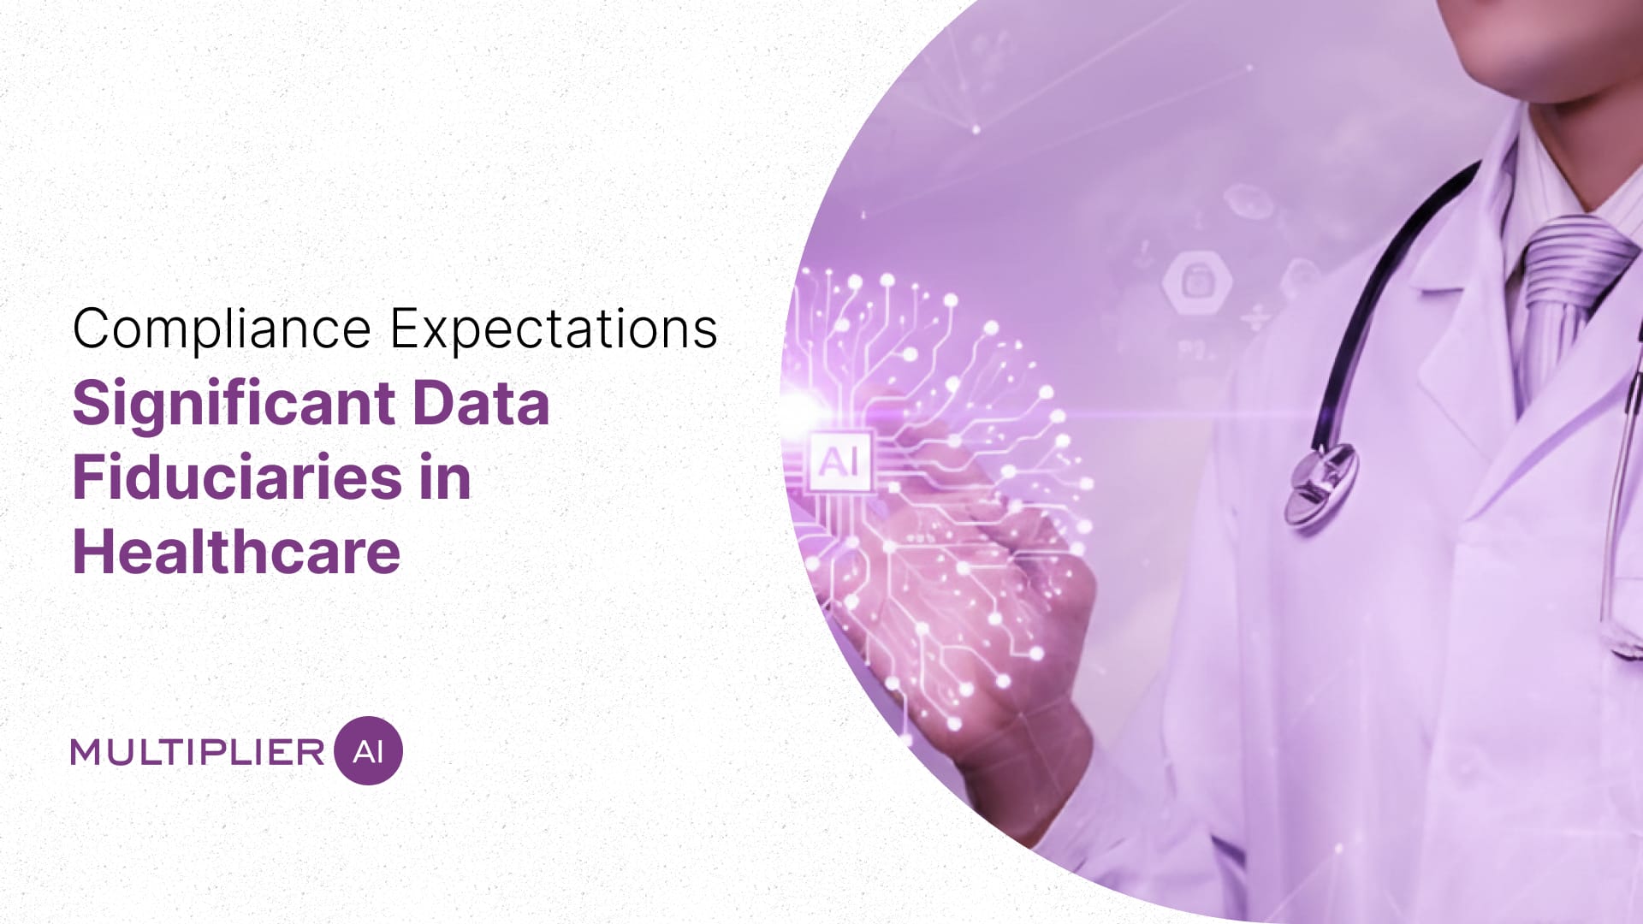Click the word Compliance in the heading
pos(222,329)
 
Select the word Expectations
pos(553,329)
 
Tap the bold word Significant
pos(234,404)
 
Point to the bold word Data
pos(481,404)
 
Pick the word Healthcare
pos(236,552)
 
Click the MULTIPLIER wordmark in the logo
pos(198,752)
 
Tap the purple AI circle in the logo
pos(368,751)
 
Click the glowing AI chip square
pos(839,463)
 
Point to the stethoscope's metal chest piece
pos(1322,483)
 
